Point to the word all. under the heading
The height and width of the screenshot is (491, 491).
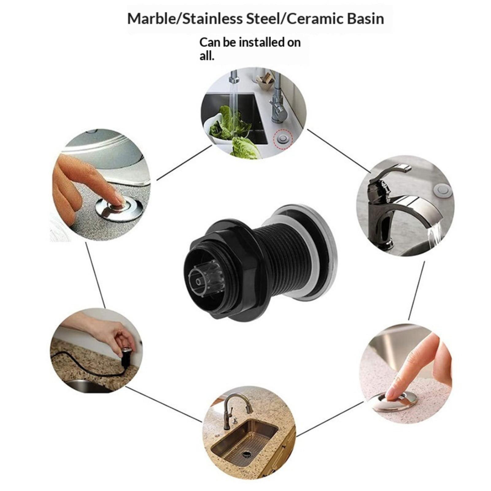207,56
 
